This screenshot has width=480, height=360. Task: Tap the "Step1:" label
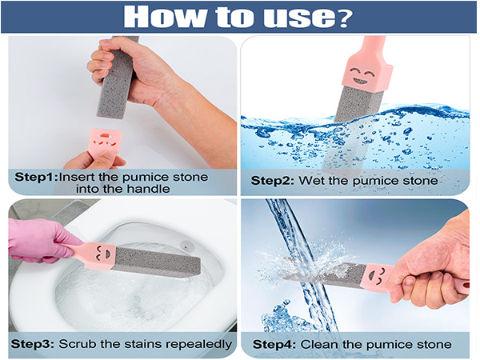point(36,177)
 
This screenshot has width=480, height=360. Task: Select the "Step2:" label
point(273,181)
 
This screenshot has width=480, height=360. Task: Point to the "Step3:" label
point(33,344)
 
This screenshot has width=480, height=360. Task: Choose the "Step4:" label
point(274,344)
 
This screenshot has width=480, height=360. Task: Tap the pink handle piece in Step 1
point(105,142)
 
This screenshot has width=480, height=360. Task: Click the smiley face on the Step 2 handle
point(361,75)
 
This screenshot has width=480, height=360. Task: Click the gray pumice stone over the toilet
point(157,262)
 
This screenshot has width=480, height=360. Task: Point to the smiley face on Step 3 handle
point(102,253)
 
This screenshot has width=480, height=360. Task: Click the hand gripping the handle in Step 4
point(432,266)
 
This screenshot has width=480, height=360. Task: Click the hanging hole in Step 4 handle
point(466,286)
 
